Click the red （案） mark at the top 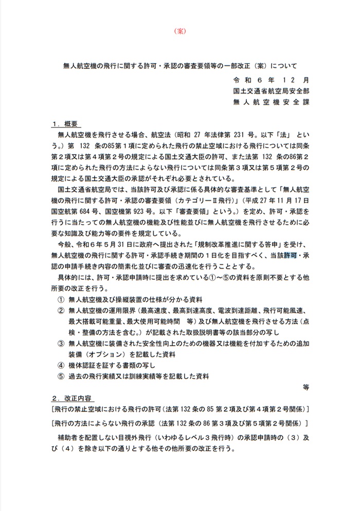181,30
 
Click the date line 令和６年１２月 270,80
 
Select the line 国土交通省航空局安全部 270,91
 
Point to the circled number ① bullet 61,299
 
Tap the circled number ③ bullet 61,343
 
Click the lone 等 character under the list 305,387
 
